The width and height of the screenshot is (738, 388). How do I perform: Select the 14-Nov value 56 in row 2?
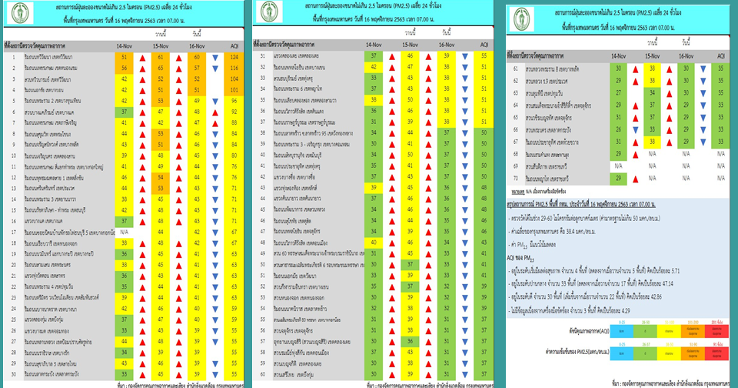coord(125,68)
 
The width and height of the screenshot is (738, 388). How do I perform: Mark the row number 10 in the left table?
coord(14,156)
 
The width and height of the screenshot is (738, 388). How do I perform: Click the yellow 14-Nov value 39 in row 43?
coord(373,187)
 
